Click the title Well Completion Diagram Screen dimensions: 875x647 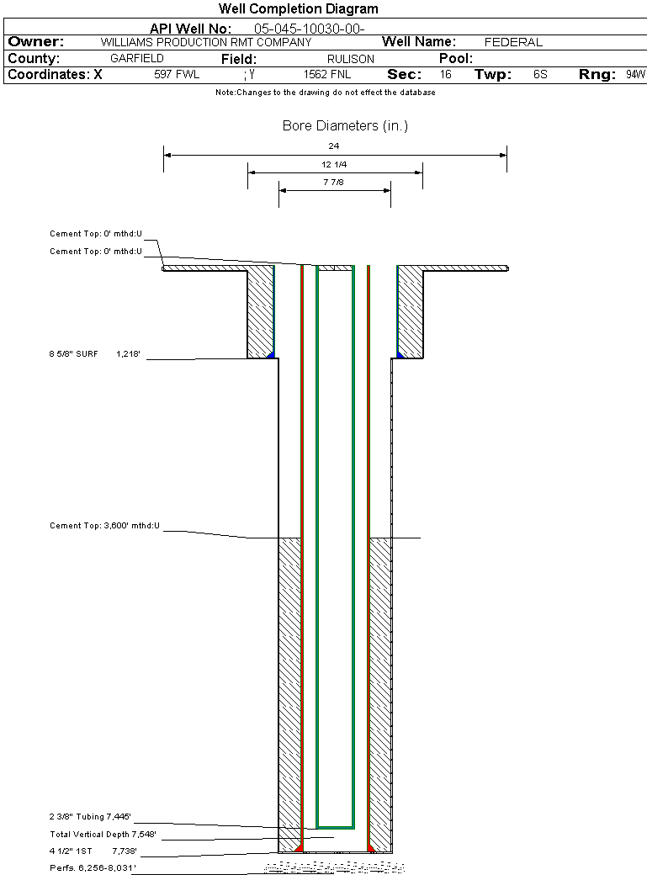point(298,9)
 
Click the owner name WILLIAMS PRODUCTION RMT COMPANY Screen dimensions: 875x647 point(206,42)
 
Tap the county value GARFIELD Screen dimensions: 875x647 point(137,59)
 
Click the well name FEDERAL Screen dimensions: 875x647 point(513,42)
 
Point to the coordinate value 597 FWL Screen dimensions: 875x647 point(177,75)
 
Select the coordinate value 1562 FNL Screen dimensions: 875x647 point(327,75)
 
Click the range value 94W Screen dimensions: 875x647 point(634,75)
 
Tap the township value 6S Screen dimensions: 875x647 point(540,75)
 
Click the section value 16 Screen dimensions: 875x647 point(445,75)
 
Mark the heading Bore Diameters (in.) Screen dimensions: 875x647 point(345,126)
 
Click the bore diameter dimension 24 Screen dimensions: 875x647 point(334,146)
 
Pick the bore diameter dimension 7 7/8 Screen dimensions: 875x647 point(334,181)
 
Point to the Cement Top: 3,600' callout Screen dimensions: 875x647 point(104,526)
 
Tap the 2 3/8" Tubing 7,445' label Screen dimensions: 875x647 point(91,816)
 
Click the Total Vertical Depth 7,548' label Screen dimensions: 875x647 point(103,835)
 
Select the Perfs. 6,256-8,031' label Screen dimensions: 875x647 point(93,866)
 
